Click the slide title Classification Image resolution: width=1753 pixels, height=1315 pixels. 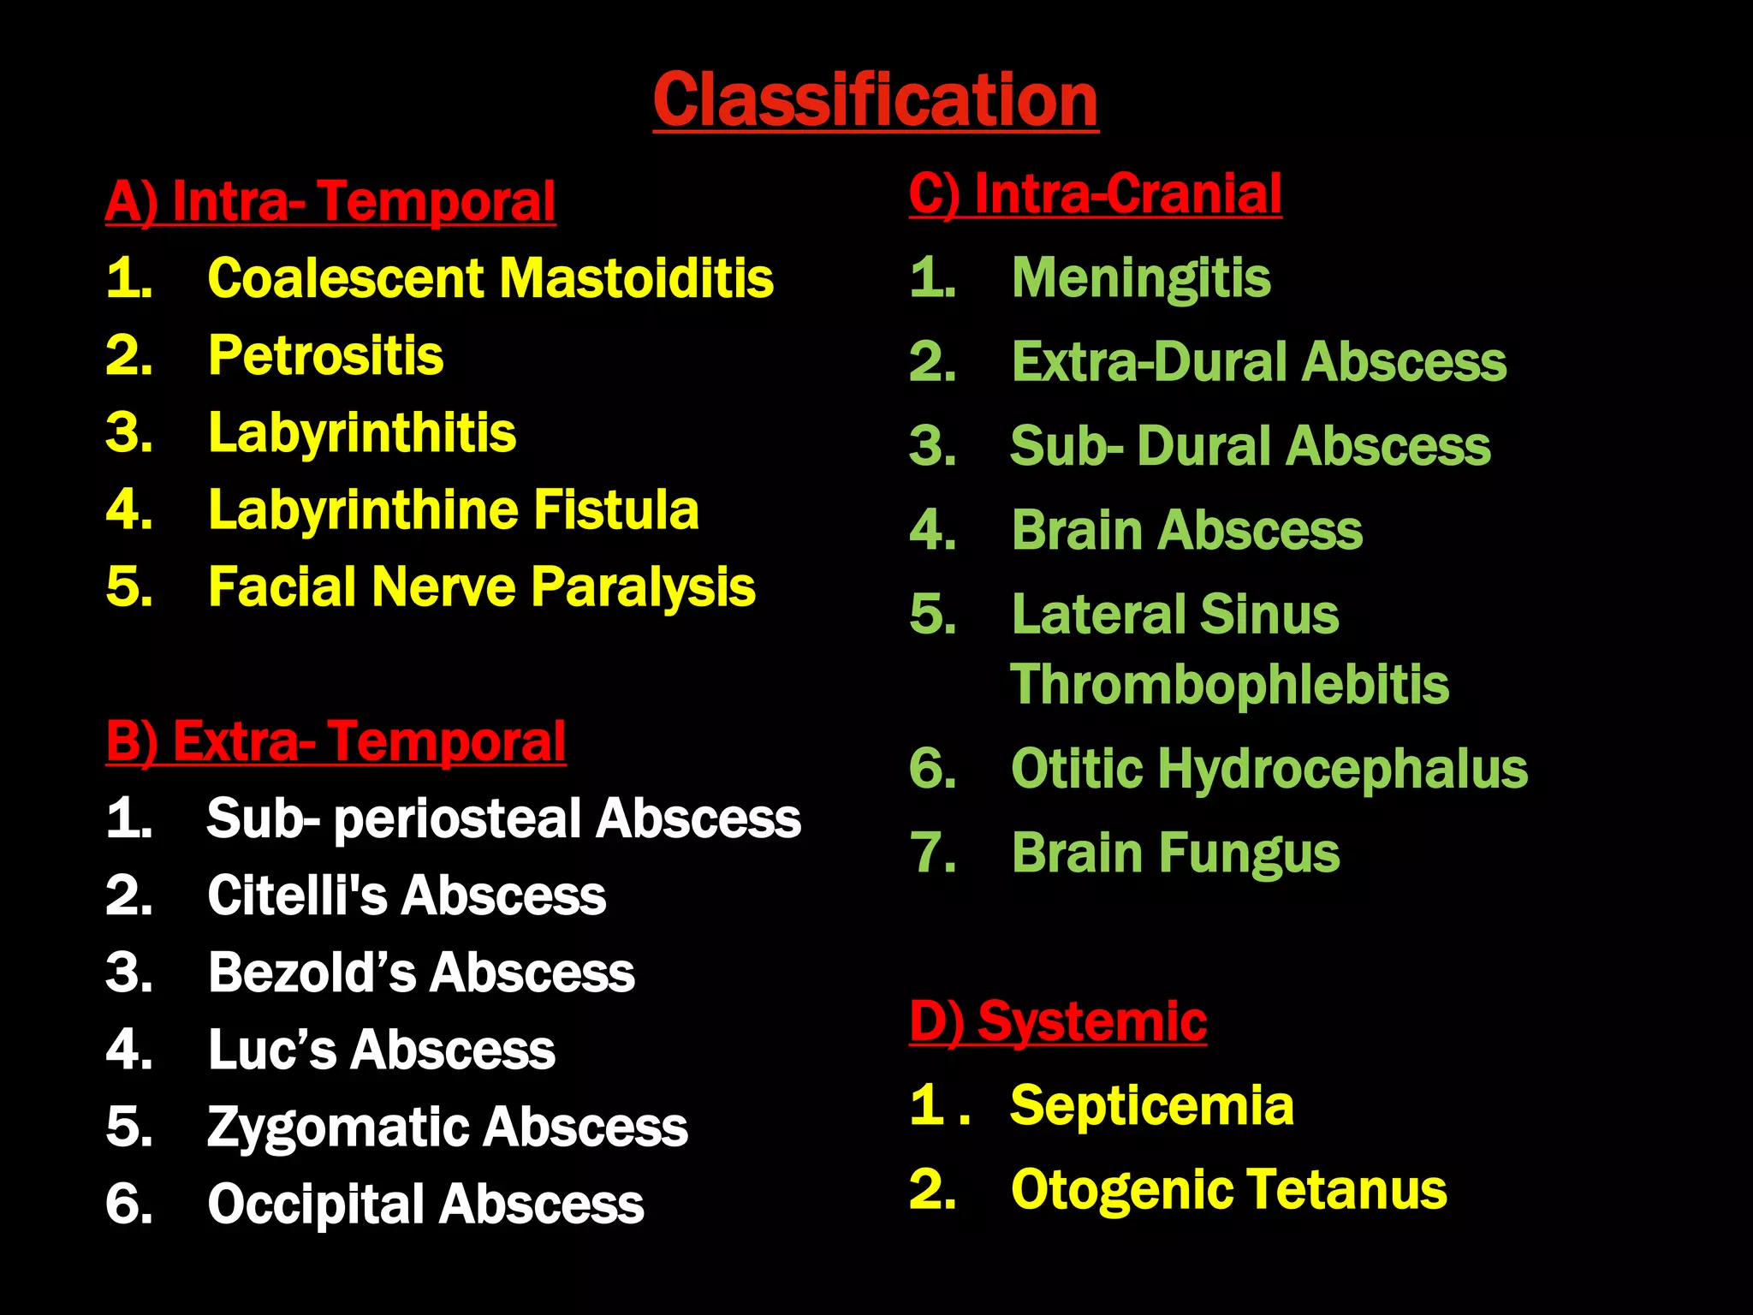click(x=875, y=100)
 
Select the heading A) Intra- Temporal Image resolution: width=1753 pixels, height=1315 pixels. click(x=330, y=202)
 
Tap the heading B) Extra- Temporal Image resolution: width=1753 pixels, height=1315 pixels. click(x=336, y=741)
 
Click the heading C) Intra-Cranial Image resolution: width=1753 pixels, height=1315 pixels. click(x=1095, y=193)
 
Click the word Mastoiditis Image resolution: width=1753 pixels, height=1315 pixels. click(x=636, y=279)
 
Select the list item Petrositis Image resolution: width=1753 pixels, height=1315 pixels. click(x=326, y=356)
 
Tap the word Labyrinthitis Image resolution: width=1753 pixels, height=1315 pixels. click(x=362, y=433)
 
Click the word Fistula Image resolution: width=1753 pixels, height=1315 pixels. click(x=616, y=510)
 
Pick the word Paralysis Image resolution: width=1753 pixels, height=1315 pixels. click(x=643, y=588)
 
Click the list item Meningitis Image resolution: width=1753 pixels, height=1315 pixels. click(x=1141, y=278)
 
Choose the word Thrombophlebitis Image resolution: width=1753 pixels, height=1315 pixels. click(x=1230, y=684)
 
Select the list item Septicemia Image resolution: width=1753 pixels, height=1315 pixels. click(x=1152, y=1105)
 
